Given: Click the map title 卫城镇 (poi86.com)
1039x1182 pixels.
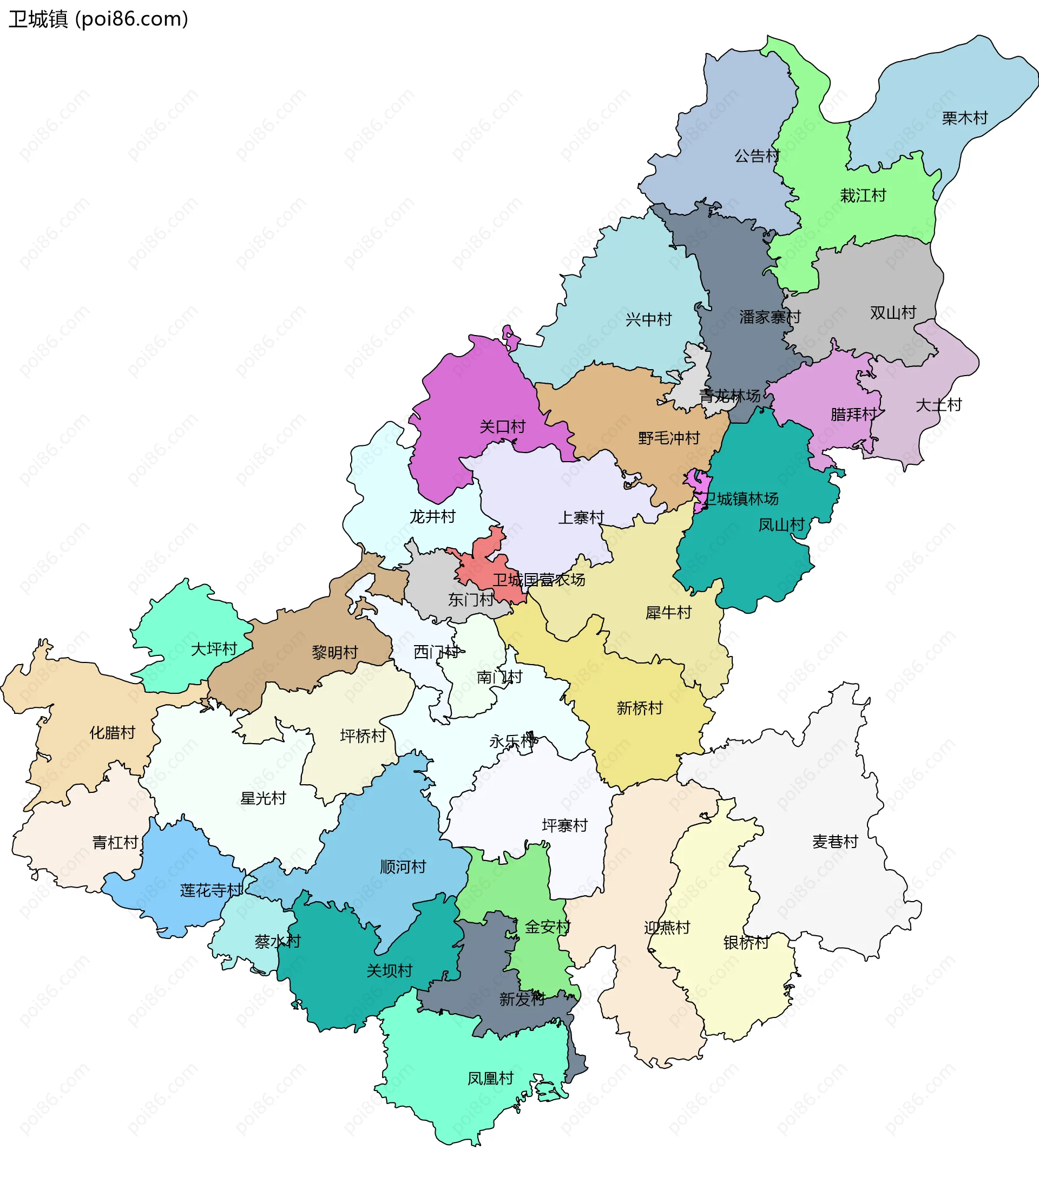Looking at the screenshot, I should [x=98, y=19].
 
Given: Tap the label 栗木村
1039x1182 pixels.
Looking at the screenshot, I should [x=964, y=118].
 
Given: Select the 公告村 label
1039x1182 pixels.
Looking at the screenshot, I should [x=757, y=155].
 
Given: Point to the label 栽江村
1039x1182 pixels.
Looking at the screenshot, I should [x=863, y=195].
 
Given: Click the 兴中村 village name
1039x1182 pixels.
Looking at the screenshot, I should [x=648, y=319].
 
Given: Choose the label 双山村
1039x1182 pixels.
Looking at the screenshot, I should [x=893, y=313].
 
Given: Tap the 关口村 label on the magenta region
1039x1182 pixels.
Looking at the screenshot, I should [x=502, y=427].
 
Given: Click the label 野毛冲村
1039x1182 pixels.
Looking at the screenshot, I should [x=668, y=438].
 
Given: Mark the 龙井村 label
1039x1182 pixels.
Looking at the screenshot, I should [x=432, y=516].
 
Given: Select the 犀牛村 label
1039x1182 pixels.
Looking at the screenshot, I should [x=668, y=613].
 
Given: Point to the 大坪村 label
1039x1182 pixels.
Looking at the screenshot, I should [x=213, y=649].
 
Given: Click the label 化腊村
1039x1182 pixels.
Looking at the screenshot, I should [x=111, y=733].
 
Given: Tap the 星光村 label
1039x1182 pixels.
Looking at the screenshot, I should [x=262, y=798].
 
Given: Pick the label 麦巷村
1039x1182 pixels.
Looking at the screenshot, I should [x=834, y=842].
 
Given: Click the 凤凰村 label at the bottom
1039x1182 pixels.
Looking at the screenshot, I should [x=490, y=1078].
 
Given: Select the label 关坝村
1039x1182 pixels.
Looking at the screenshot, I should [x=389, y=970].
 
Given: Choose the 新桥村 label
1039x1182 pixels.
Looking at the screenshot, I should [x=639, y=708].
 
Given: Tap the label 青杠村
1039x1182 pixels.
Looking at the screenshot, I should [x=115, y=842].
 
